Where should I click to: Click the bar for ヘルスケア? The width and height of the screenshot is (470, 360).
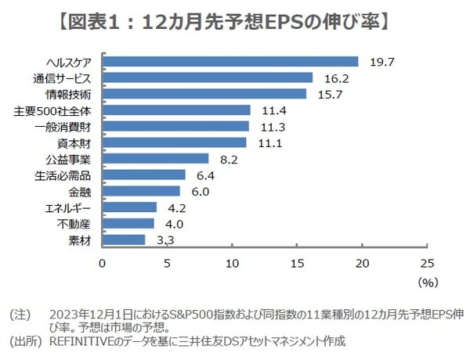[230, 61]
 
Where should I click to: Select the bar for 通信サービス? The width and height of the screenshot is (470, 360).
[208, 77]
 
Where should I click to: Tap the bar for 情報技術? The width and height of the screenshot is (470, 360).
[204, 94]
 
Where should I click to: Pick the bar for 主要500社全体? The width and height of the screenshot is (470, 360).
[176, 110]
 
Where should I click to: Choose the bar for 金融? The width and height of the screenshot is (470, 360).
[141, 191]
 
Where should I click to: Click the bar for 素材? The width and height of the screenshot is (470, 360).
[124, 239]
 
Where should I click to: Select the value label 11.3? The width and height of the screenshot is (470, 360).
[265, 127]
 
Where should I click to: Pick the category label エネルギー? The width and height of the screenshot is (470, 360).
[70, 207]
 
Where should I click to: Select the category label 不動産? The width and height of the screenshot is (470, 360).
[76, 224]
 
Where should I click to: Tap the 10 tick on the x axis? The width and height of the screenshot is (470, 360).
[232, 263]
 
